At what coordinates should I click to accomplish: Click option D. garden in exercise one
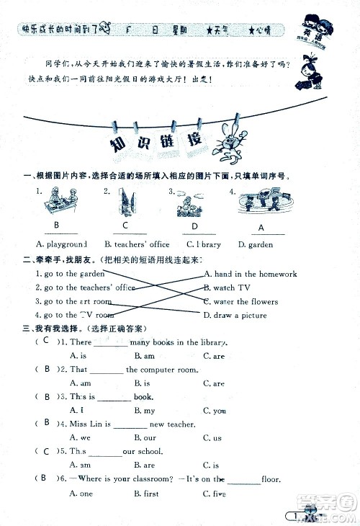point(256,245)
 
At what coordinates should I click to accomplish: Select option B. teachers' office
point(137,245)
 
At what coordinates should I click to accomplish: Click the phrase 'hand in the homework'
point(250,274)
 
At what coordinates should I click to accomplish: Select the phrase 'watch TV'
point(227,287)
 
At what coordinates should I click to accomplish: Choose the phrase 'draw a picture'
point(235,315)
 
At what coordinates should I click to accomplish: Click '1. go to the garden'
point(69,274)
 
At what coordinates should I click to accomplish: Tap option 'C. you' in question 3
point(215,411)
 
